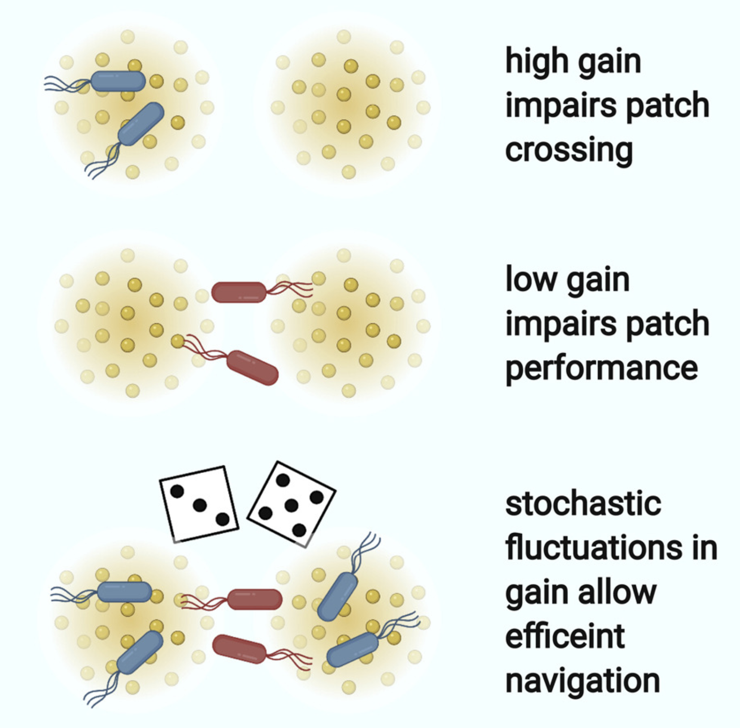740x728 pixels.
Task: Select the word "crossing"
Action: pyautogui.click(x=569, y=151)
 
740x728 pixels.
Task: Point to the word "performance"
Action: pyautogui.click(x=601, y=369)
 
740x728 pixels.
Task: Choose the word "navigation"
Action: pyautogui.click(x=583, y=681)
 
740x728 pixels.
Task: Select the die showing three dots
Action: pyautogui.click(x=199, y=504)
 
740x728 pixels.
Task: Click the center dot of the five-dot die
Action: pyautogui.click(x=292, y=505)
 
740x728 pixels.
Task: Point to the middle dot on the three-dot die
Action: pyautogui.click(x=200, y=505)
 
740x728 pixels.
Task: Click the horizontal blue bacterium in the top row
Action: pyautogui.click(x=118, y=81)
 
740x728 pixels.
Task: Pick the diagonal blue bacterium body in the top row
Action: pyautogui.click(x=141, y=124)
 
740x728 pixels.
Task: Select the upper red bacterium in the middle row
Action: pyautogui.click(x=239, y=292)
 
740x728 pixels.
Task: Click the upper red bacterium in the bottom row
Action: pyautogui.click(x=254, y=599)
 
